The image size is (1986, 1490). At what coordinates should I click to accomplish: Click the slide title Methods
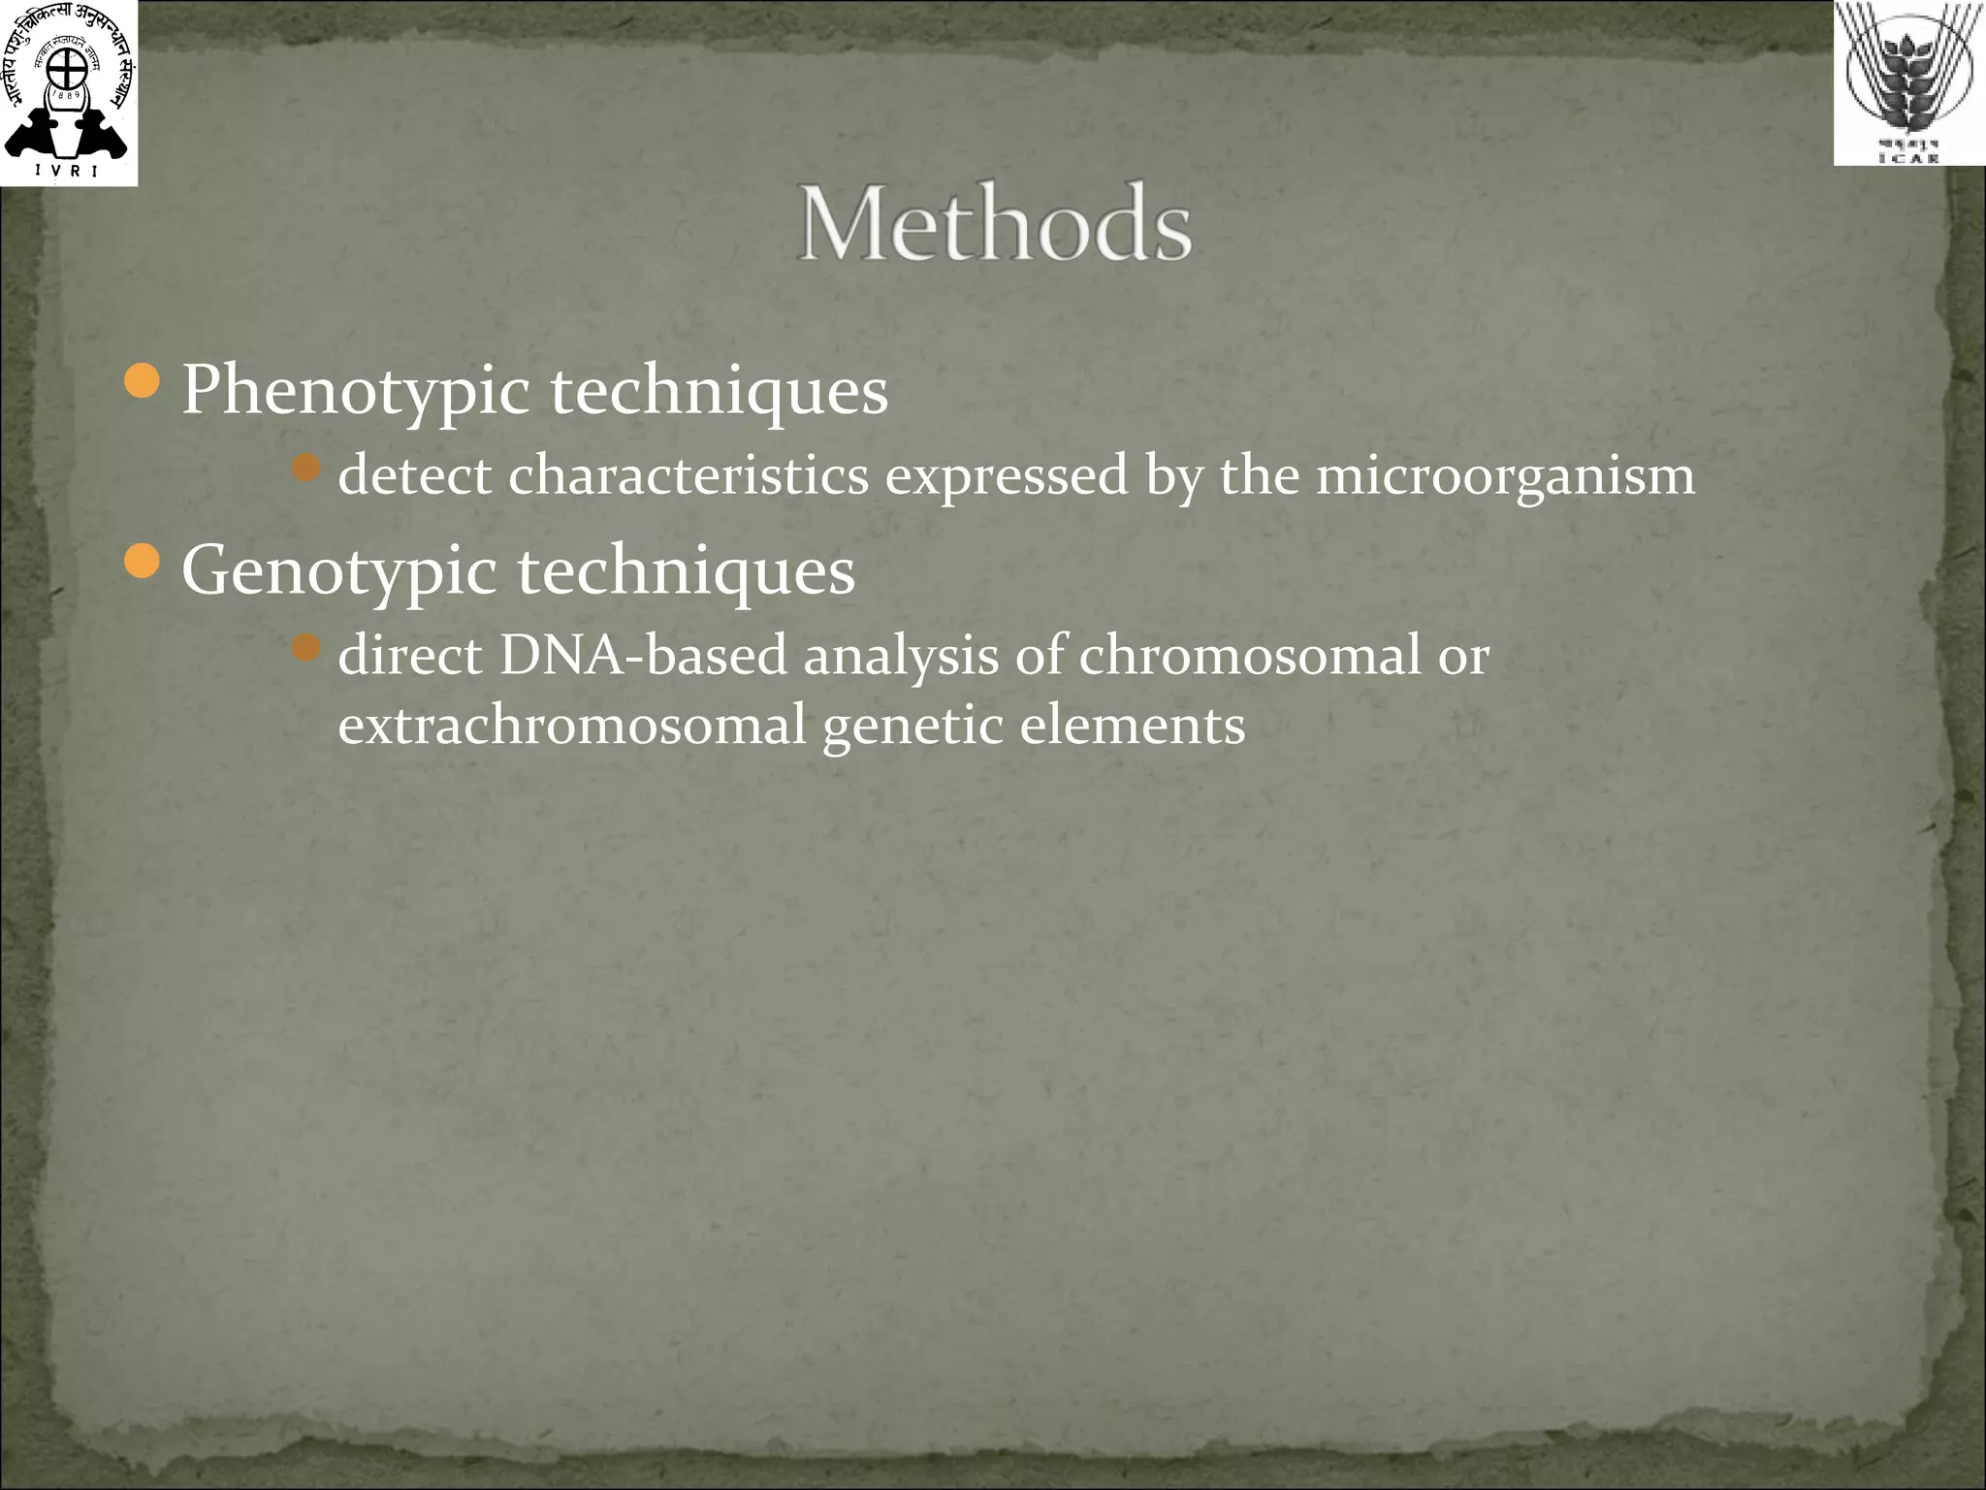(994, 224)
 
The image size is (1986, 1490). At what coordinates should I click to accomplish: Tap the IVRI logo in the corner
(68, 93)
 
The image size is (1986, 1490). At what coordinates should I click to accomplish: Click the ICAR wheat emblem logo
(1908, 83)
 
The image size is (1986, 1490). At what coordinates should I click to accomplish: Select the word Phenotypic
(355, 390)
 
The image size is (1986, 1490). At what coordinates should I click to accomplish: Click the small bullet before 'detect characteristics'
(306, 469)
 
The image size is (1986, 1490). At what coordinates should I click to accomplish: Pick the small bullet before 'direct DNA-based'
(306, 648)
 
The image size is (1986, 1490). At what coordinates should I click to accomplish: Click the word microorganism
(1505, 475)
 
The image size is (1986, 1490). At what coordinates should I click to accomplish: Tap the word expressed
(1006, 475)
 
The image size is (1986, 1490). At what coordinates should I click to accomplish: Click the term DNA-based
(643, 655)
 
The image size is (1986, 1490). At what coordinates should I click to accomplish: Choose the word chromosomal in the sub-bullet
(1249, 655)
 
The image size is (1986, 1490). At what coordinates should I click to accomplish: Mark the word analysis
(900, 655)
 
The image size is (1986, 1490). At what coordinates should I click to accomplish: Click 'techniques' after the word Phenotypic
(719, 390)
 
